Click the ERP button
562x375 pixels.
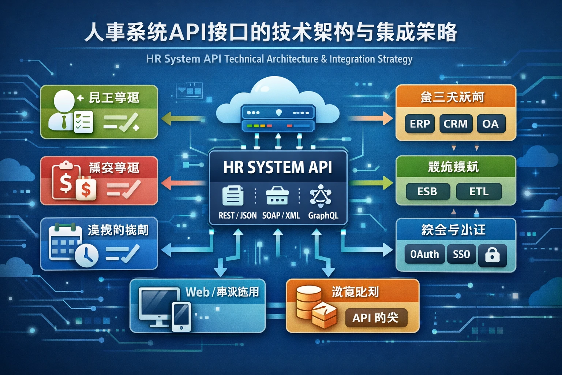coord(420,124)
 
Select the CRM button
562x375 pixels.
coord(456,124)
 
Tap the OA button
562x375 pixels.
coord(490,124)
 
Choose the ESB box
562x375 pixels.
coord(427,191)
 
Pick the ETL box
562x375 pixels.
coord(479,191)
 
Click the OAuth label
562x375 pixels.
coord(424,254)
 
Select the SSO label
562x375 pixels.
coord(461,254)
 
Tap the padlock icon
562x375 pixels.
coord(492,255)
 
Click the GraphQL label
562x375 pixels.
coord(323,215)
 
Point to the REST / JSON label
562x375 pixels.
coord(237,215)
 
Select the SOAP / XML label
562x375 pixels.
coord(281,215)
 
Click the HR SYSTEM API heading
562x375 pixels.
coord(278,167)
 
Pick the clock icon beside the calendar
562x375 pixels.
coord(87,255)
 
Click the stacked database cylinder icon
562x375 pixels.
coord(307,302)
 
